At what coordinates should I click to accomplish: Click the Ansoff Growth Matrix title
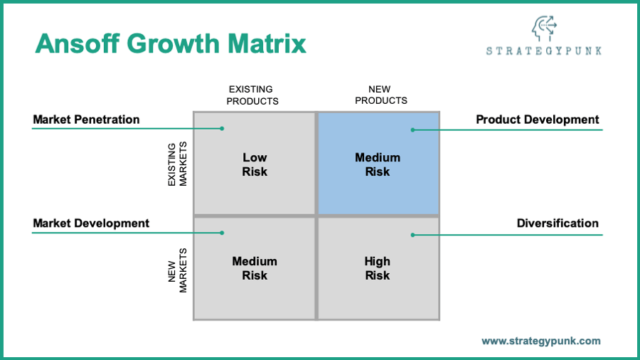pyautogui.click(x=171, y=43)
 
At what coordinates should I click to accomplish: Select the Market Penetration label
pyautogui.click(x=86, y=120)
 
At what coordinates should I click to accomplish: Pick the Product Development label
pyautogui.click(x=538, y=120)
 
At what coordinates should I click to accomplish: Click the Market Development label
pyautogui.click(x=91, y=223)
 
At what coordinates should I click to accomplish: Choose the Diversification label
pyautogui.click(x=558, y=223)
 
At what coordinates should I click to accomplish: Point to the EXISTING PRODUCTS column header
pyautogui.click(x=252, y=95)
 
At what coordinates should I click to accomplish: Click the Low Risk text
pyautogui.click(x=255, y=164)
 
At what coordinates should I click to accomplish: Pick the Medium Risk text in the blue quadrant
pyautogui.click(x=378, y=164)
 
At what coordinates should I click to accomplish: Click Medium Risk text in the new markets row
pyautogui.click(x=255, y=268)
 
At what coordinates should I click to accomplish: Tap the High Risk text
pyautogui.click(x=378, y=268)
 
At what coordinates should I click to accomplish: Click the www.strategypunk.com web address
pyautogui.click(x=541, y=341)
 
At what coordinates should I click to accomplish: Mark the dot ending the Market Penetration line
pyautogui.click(x=222, y=129)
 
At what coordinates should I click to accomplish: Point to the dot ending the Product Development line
pyautogui.click(x=412, y=129)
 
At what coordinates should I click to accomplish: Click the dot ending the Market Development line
pyautogui.click(x=222, y=233)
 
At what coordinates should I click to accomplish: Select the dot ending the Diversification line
pyautogui.click(x=412, y=234)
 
